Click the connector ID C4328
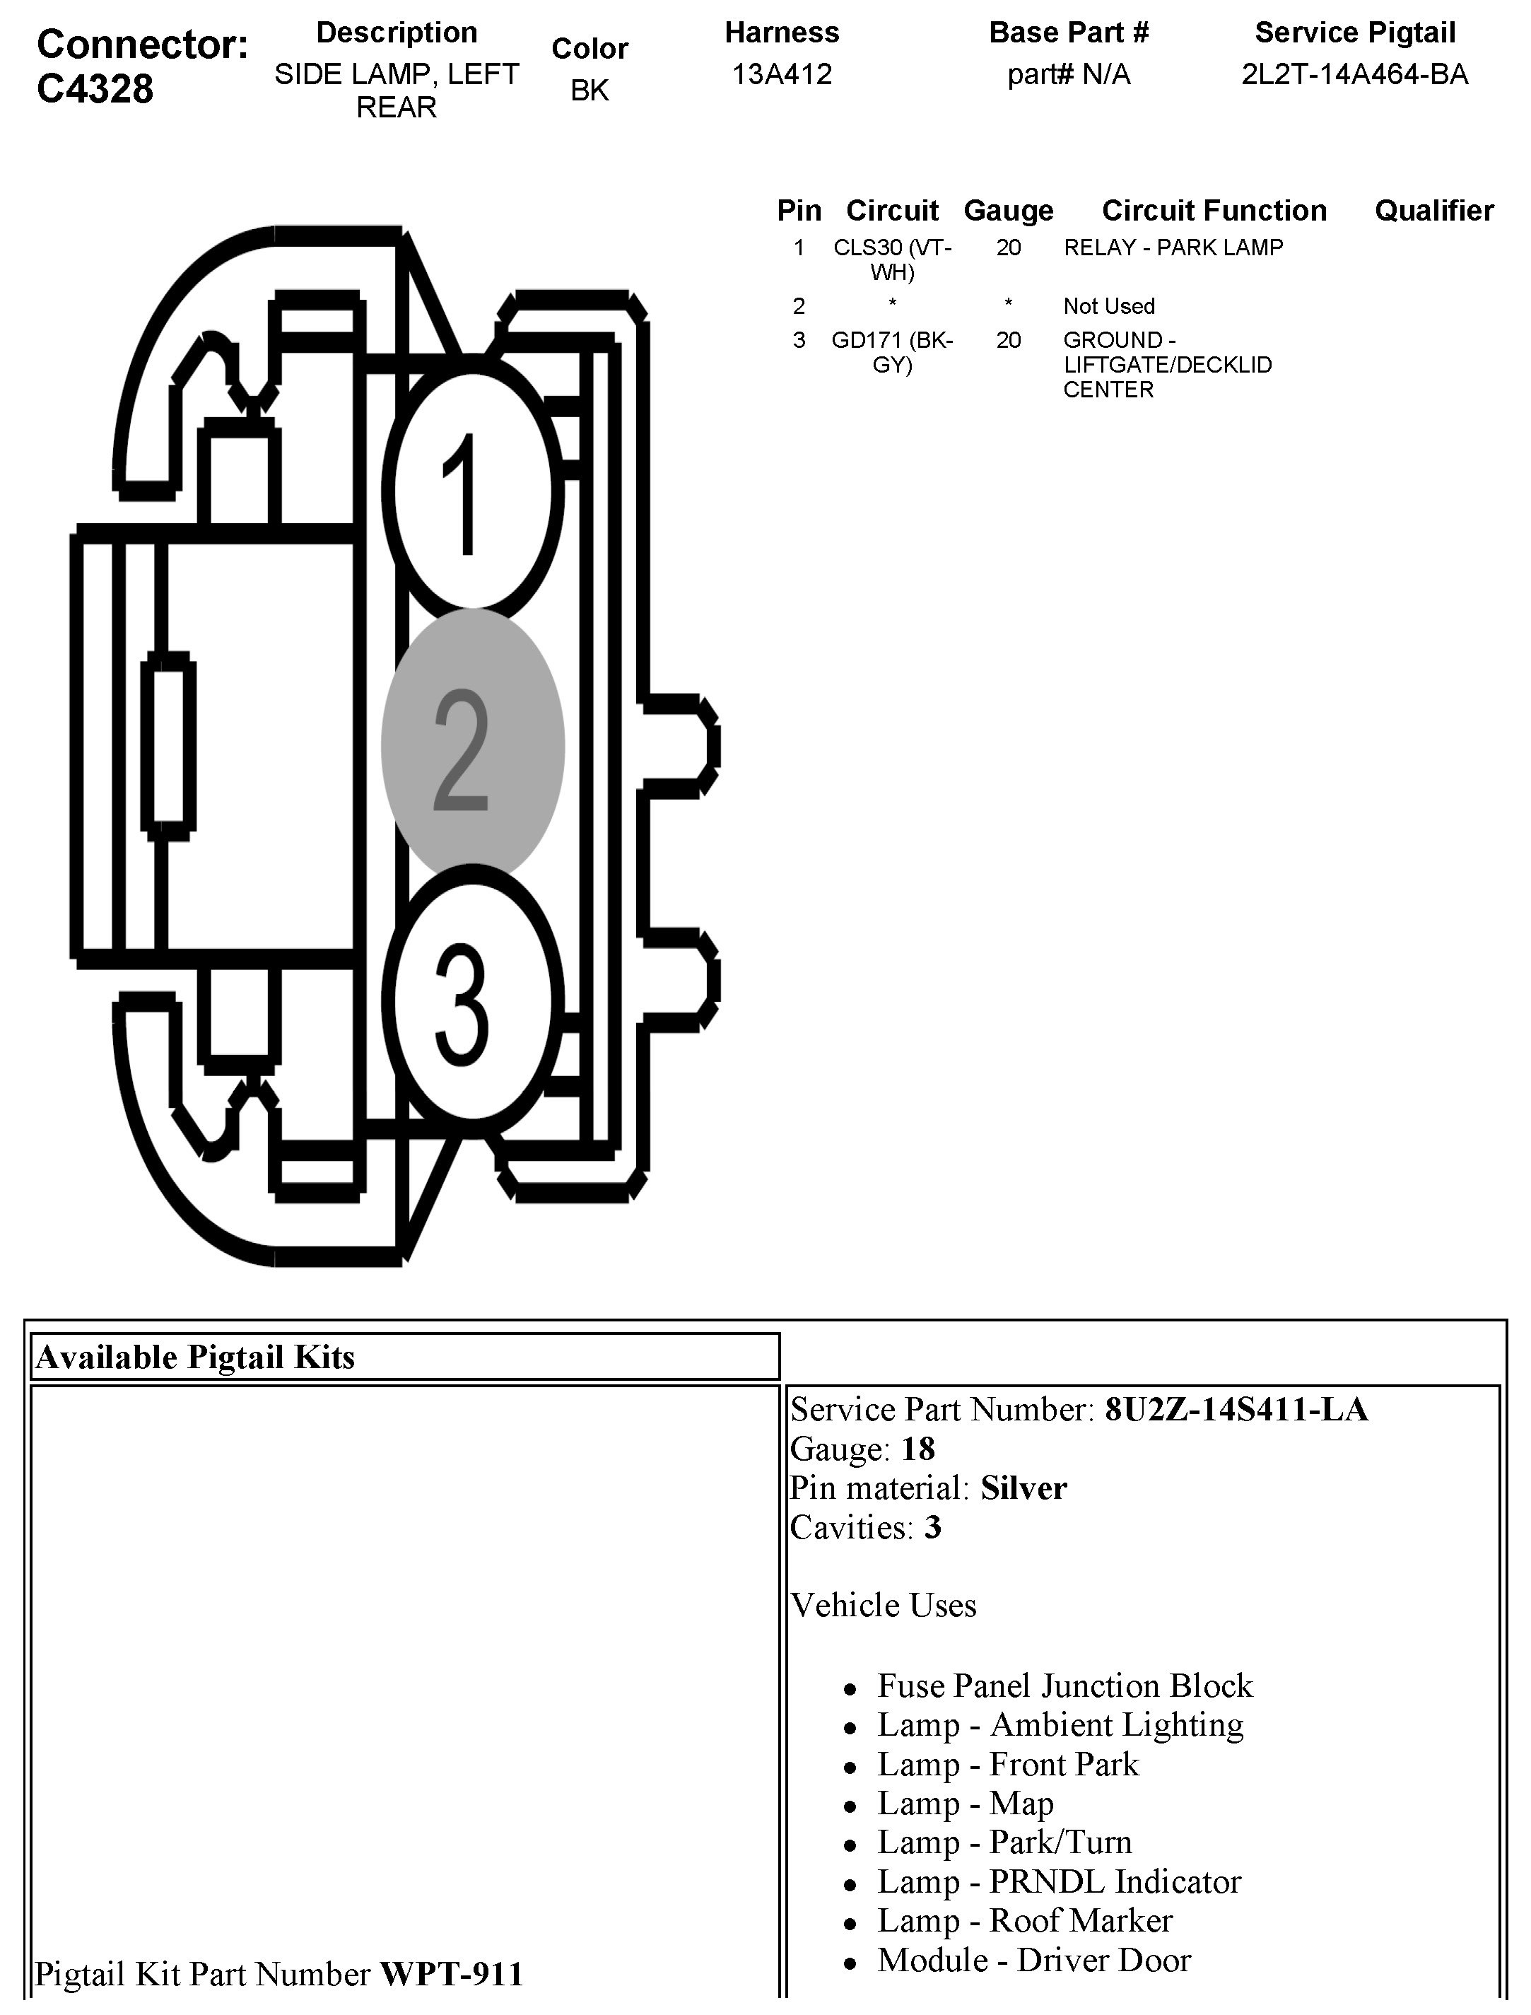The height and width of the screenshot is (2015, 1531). click(x=95, y=89)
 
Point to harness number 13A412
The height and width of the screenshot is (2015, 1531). click(x=782, y=74)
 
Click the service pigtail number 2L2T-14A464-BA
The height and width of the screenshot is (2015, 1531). click(x=1354, y=74)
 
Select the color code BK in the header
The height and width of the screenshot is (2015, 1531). click(x=589, y=90)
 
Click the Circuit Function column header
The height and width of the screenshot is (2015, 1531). click(x=1214, y=211)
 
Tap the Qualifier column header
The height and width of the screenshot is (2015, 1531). click(x=1433, y=211)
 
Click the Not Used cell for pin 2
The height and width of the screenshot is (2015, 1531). click(x=1108, y=306)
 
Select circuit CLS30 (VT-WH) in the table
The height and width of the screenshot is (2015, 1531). click(x=892, y=259)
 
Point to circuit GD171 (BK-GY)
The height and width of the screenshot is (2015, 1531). click(x=892, y=352)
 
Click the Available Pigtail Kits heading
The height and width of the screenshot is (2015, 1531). click(x=195, y=1357)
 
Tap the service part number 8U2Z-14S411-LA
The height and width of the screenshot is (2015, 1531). click(x=1236, y=1409)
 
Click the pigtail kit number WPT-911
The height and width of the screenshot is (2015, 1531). click(x=451, y=1974)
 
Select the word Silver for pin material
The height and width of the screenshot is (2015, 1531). click(x=1023, y=1488)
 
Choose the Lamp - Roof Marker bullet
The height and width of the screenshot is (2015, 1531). click(x=1024, y=1920)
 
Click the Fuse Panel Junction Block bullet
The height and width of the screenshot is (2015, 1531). click(x=1064, y=1686)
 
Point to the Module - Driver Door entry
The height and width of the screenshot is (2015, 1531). click(x=1033, y=1959)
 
